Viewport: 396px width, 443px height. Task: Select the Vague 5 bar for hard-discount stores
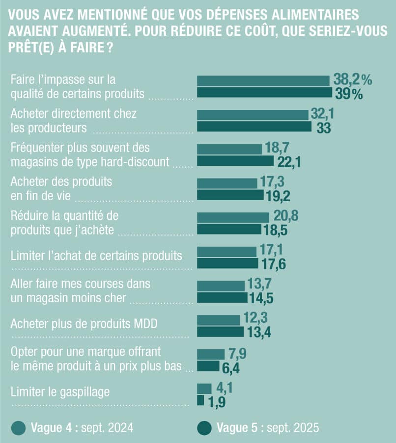[235, 161]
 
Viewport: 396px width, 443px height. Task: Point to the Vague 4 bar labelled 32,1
[253, 114]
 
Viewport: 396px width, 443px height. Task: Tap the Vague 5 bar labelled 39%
[264, 93]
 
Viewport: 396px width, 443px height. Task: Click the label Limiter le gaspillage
[60, 391]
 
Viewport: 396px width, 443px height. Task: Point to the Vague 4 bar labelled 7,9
[210, 354]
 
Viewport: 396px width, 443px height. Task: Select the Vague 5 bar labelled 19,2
[230, 195]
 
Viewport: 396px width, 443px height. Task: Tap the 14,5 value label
[263, 298]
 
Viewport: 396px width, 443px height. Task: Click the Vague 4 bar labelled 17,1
[226, 252]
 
